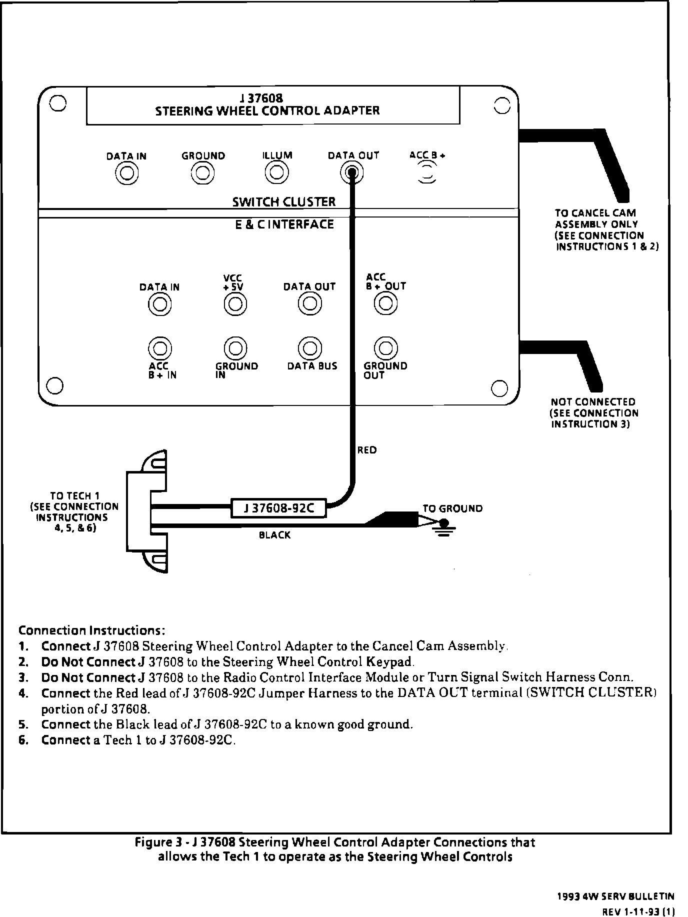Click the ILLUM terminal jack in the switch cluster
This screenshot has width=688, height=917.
coord(276,173)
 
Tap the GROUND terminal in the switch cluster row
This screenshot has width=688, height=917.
coord(202,173)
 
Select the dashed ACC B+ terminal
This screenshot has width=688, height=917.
coord(426,172)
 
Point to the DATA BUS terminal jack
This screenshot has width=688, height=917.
coord(309,347)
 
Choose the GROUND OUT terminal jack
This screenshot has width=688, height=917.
coord(385,347)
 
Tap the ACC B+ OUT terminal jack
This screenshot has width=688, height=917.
coord(385,303)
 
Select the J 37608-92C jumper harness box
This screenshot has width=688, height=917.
coord(278,508)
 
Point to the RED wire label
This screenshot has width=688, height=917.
coord(367,450)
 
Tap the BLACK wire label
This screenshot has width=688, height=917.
coord(274,535)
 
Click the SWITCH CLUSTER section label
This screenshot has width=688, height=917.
coord(284,202)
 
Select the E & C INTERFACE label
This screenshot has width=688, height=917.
coord(284,224)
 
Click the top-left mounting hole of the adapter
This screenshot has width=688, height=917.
coord(58,103)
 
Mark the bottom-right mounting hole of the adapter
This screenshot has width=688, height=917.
coord(499,387)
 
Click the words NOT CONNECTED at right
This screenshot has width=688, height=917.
coord(593,402)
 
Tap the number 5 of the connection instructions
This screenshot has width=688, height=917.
coord(22,724)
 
